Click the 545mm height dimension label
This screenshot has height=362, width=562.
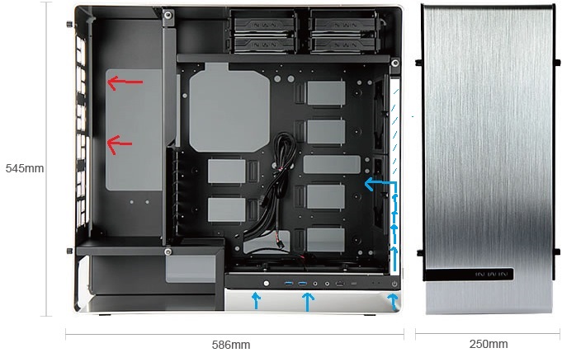pos(25,168)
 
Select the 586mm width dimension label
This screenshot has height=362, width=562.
pos(231,345)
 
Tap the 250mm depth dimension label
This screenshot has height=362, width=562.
pos(489,344)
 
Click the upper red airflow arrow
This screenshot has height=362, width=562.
pos(125,82)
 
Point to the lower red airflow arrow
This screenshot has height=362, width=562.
pos(120,144)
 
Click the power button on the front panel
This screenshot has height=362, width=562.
pos(394,284)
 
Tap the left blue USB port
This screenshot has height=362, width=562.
pos(289,284)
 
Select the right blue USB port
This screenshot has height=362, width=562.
pos(302,284)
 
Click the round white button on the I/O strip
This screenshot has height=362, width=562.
pos(266,284)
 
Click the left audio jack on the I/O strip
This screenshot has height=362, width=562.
pos(315,284)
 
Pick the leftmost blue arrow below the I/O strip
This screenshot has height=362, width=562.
pos(256,300)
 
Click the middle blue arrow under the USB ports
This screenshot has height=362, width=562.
pos(308,302)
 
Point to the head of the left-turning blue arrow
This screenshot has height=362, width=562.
pos(368,184)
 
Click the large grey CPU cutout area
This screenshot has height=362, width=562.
pos(229,107)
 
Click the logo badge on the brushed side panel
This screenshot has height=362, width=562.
pos(491,275)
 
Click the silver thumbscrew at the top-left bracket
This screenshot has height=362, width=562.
pos(168,15)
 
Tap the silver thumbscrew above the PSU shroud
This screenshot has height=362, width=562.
pos(168,252)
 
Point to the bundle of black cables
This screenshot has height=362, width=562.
pos(278,193)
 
